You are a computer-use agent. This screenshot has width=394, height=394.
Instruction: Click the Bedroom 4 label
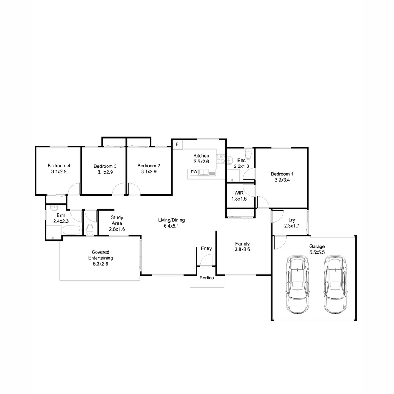[59, 166]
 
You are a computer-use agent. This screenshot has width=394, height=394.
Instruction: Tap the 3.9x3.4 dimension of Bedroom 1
[282, 179]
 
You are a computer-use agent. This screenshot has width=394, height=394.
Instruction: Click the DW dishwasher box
[194, 172]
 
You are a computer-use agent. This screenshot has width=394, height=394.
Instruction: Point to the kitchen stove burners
[221, 159]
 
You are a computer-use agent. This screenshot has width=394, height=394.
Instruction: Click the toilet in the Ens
[248, 154]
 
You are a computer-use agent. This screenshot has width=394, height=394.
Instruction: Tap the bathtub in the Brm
[72, 230]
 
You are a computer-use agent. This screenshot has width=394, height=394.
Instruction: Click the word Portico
[206, 278]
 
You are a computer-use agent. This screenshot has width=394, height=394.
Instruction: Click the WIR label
[239, 193]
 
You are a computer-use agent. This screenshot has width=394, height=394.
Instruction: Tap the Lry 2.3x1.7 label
[291, 223]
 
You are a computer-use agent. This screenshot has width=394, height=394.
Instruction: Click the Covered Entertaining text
[101, 255]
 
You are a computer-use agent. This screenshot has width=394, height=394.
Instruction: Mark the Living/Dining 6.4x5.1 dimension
[171, 226]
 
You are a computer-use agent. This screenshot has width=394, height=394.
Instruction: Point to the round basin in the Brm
[54, 208]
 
